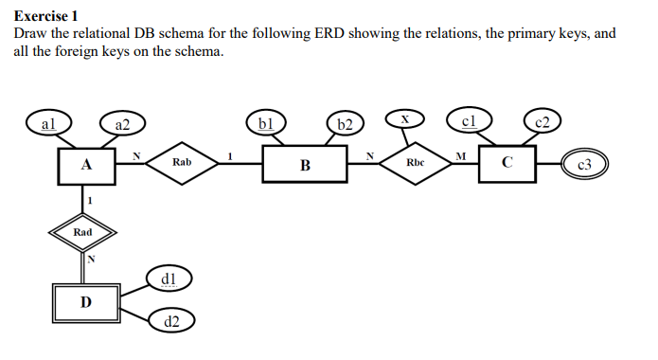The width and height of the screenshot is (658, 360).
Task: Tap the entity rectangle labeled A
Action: (x=86, y=164)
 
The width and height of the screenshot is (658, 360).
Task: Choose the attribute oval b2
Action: (x=346, y=124)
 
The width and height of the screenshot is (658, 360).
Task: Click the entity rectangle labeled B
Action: (x=305, y=165)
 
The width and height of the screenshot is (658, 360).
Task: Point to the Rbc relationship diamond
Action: (x=415, y=163)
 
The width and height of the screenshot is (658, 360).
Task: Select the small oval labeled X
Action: (x=404, y=118)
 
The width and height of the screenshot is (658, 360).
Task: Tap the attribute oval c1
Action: (x=468, y=120)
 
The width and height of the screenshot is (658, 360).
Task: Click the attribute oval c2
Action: (x=542, y=121)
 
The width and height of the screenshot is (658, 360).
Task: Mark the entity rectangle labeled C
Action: (x=507, y=162)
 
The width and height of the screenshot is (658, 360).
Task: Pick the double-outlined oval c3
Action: (x=584, y=165)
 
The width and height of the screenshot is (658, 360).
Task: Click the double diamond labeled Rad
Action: (x=85, y=231)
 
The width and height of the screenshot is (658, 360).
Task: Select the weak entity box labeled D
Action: (x=86, y=301)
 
